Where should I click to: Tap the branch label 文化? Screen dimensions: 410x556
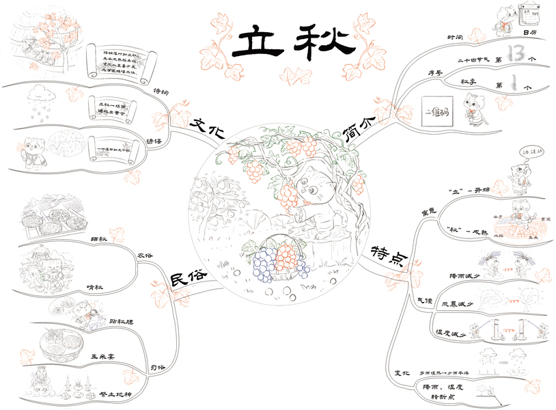pos(207,128)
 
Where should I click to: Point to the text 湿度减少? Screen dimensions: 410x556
pos(451,333)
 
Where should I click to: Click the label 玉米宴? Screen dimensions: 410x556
pos(103,357)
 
